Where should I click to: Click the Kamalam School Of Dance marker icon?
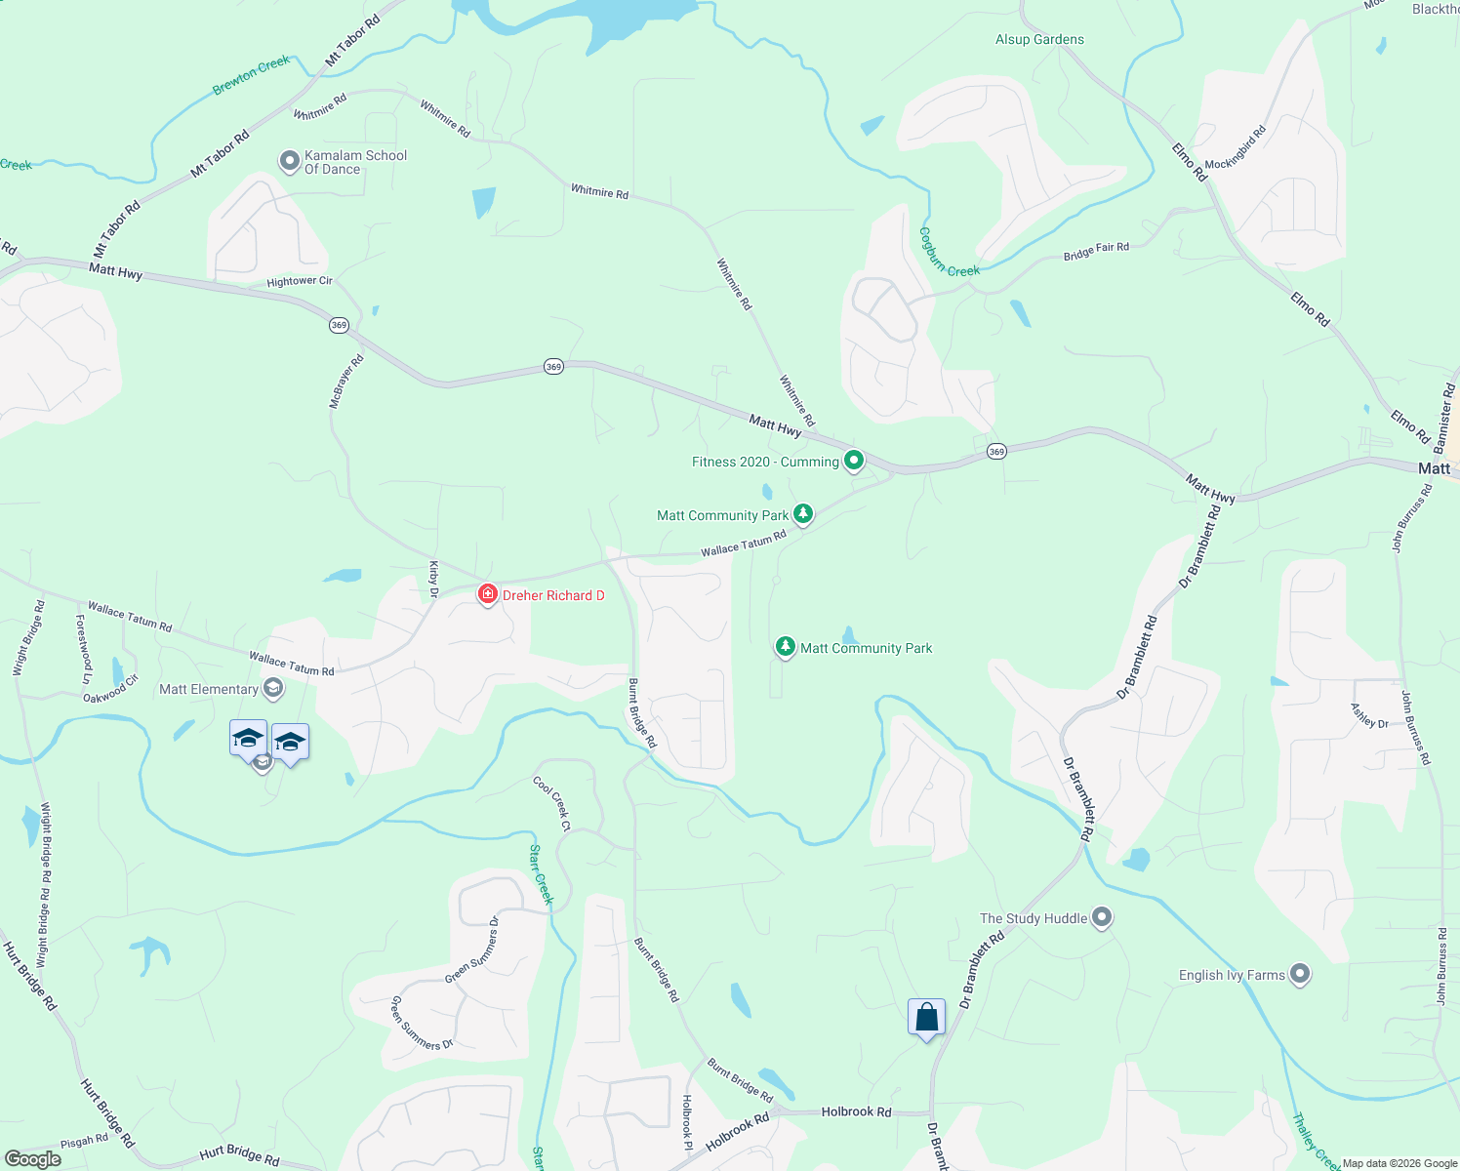pos(289,161)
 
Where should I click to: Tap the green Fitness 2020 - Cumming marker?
pos(854,460)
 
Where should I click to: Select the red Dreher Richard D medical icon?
pos(487,594)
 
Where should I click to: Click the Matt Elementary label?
pos(209,689)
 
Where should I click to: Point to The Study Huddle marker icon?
pos(1102,917)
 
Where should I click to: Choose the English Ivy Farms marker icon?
pos(1299,974)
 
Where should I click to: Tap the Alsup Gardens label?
pos(1039,39)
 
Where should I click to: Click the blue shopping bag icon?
pos(926,1018)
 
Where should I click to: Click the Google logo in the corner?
pos(32,1158)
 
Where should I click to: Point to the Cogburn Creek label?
pos(948,254)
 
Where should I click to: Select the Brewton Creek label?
pos(252,74)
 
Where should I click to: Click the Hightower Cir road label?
pos(300,281)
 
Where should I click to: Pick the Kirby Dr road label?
pos(434,579)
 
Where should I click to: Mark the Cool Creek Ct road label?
pos(551,803)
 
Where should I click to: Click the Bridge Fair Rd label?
pos(1096,252)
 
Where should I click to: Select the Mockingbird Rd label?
pos(1235,147)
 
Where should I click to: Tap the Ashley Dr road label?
pos(1369,716)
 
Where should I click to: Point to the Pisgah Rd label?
pos(84,1140)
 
